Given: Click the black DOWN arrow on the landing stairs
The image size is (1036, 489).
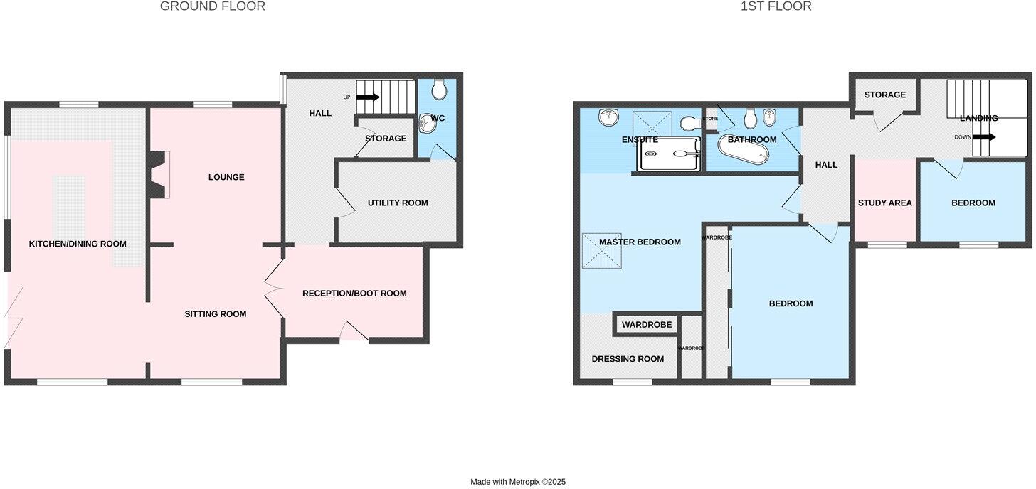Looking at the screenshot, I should [x=984, y=137].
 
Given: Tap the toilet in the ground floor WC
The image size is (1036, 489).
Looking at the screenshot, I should [x=439, y=89].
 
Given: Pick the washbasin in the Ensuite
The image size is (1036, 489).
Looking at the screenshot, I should [x=608, y=117].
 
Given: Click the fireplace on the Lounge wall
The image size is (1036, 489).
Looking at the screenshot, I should [x=158, y=174].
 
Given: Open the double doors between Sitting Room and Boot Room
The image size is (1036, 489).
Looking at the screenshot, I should [x=274, y=291].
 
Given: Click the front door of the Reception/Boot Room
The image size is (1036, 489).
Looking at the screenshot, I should [x=354, y=333].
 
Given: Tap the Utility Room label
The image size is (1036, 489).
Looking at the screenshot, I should [x=398, y=203].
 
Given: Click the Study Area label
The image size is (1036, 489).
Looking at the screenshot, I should [x=884, y=203].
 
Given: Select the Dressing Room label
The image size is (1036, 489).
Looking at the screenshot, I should [x=628, y=359].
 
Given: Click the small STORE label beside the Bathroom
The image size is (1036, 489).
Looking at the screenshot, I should [x=711, y=119].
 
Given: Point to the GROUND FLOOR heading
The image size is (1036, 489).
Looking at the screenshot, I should [x=212, y=6].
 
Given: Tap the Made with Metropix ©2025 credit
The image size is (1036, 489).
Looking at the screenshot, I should [x=517, y=482].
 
